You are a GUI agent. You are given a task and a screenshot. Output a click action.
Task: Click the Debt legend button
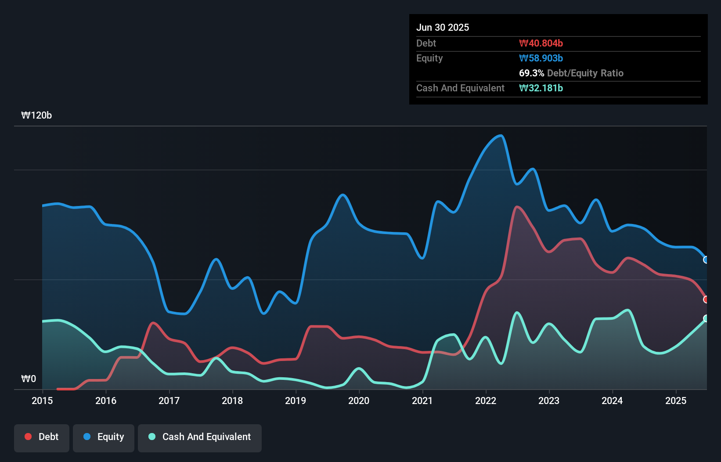tap(42, 437)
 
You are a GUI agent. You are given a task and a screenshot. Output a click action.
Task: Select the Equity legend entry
tap(104, 437)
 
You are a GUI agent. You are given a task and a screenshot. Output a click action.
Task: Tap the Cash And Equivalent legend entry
tap(200, 437)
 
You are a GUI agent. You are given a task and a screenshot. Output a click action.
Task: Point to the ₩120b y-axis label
tap(36, 115)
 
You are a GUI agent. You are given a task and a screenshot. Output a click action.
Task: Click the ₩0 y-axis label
tap(29, 379)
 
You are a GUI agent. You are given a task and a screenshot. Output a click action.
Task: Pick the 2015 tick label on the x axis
tap(42, 401)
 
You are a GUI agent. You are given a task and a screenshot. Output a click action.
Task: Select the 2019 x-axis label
tap(296, 401)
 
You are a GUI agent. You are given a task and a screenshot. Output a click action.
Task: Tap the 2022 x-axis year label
tap(486, 401)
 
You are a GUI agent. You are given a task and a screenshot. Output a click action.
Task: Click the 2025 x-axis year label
tap(676, 401)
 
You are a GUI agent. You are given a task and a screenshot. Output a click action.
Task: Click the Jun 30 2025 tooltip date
tap(443, 27)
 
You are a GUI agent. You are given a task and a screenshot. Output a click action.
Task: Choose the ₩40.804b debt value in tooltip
tap(541, 43)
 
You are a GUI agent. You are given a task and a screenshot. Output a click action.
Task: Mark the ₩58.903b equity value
tap(541, 58)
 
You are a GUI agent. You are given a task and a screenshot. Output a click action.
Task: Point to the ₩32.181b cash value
tap(541, 88)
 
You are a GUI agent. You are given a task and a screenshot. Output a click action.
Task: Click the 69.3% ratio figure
tap(531, 73)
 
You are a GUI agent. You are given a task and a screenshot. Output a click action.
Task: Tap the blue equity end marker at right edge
tap(706, 260)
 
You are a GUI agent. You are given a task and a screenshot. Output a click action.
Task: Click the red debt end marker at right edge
tap(706, 300)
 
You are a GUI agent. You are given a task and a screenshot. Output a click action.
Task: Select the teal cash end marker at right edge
tap(706, 318)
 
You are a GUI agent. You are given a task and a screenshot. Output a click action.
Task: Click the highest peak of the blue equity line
tap(501, 136)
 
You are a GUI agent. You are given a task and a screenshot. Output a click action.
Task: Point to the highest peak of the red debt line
tap(517, 207)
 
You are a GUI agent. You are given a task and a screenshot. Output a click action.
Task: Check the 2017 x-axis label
tap(169, 401)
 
